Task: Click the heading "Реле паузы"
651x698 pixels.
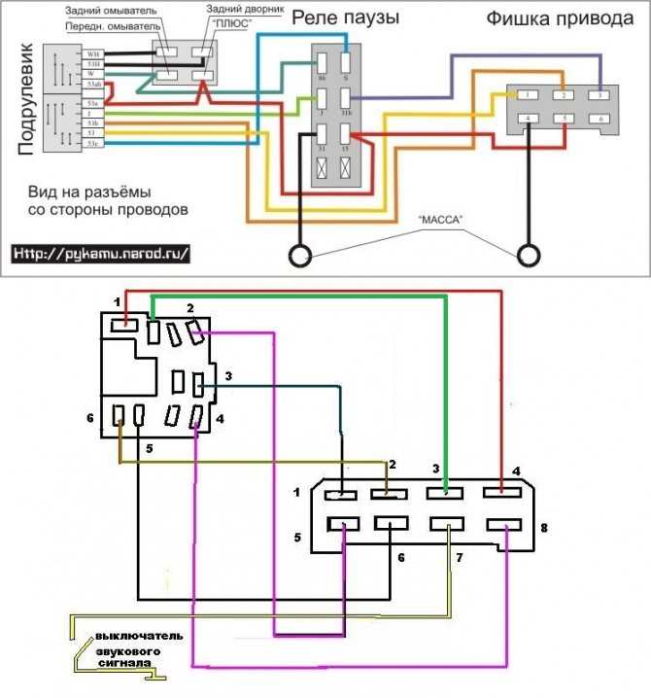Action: point(345,18)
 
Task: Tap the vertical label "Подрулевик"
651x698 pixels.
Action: point(27,98)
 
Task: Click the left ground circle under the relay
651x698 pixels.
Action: point(300,256)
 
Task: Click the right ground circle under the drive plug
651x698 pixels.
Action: point(529,256)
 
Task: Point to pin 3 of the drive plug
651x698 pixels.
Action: point(601,94)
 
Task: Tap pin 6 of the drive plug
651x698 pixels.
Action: point(601,119)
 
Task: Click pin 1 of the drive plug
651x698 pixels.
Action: point(525,94)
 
